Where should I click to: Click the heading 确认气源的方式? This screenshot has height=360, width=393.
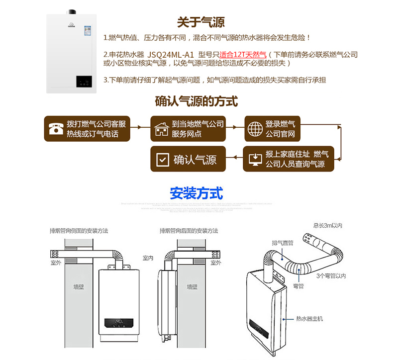pos(196,102)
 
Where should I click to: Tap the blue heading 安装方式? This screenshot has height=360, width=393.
pos(196,193)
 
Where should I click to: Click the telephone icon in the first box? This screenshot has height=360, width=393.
pos(55,129)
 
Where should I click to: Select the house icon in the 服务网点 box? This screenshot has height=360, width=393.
pos(161,129)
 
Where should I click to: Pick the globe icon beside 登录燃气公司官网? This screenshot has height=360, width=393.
pos(255,129)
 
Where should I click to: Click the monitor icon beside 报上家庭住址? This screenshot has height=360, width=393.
pos(255,159)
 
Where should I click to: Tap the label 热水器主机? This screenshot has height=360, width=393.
pos(309,318)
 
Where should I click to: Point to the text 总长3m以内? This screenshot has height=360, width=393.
pos(327,226)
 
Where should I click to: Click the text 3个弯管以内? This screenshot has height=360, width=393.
pos(331,275)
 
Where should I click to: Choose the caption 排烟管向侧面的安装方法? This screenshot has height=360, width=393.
pos(79,231)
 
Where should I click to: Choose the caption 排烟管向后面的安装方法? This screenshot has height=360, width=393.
pos(189,231)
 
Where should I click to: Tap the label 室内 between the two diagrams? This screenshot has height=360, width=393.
pos(148,258)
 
